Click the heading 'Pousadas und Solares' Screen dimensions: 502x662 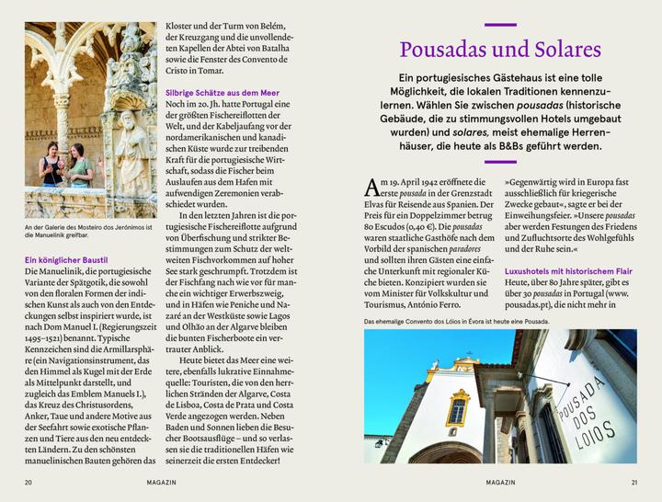tap(500, 49)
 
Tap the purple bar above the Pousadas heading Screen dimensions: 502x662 tap(500, 23)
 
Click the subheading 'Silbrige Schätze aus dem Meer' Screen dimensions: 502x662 tap(222, 93)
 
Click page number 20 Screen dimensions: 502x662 tap(29, 482)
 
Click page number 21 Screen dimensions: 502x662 tap(633, 482)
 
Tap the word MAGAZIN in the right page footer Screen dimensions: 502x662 tap(500, 482)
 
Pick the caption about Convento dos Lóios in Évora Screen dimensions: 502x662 tap(456, 322)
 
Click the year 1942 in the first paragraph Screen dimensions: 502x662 tap(439, 184)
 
